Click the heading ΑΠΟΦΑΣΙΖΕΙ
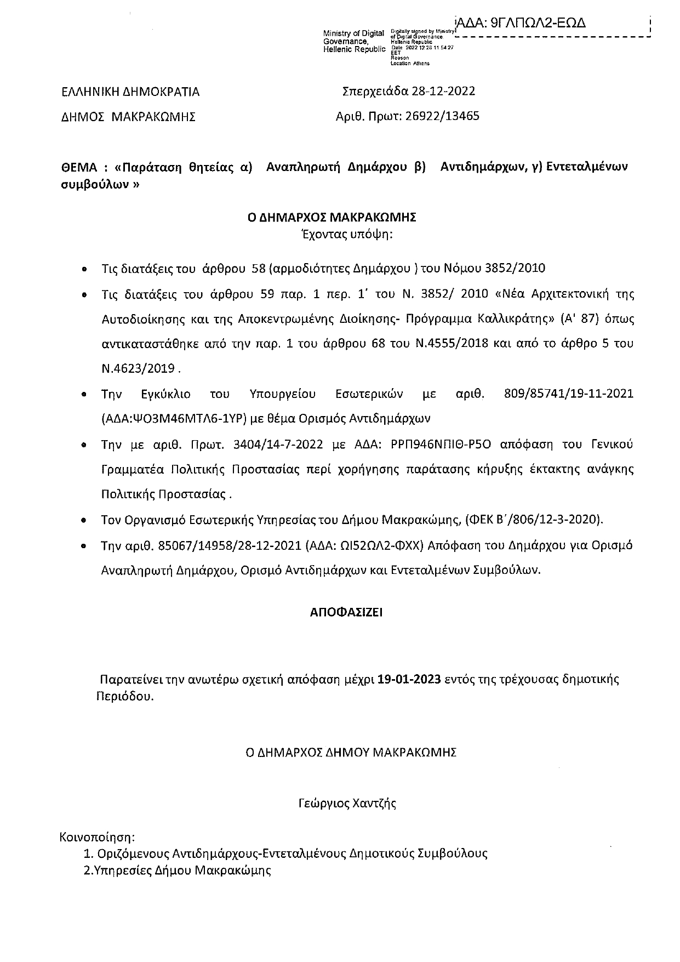tap(346, 612)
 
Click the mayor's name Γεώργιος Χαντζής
tap(347, 804)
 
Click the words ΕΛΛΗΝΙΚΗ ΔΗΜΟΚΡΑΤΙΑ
tap(130, 92)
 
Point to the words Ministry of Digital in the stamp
tap(353, 35)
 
